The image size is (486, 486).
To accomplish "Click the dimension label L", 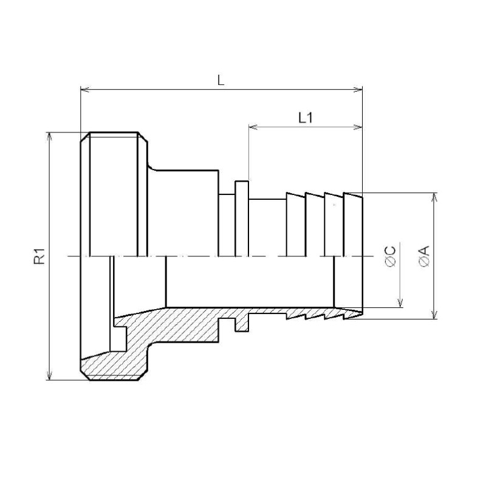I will (x=221, y=80).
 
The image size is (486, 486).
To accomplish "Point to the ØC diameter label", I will (x=391, y=256).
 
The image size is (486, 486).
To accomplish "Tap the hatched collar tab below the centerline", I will (x=242, y=324).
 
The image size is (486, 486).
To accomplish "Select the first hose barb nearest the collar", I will (x=295, y=207).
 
